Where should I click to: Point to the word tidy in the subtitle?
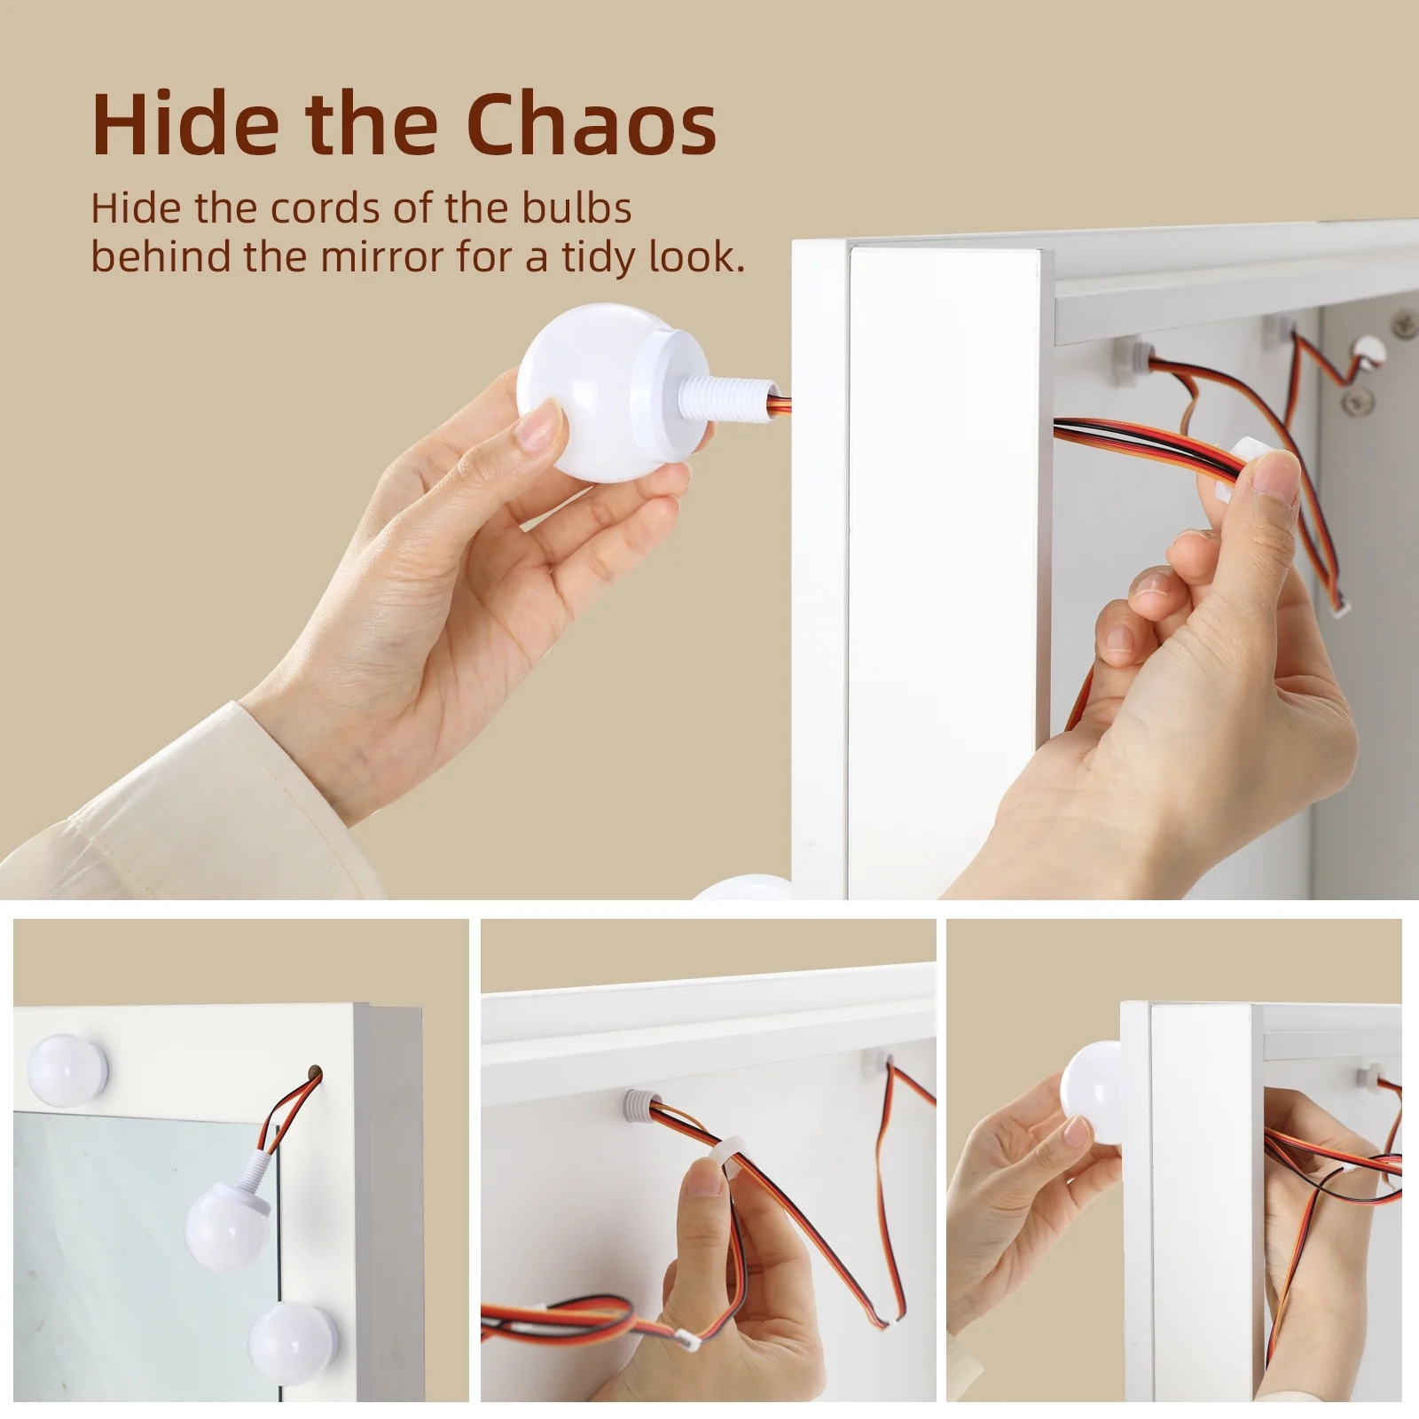600,259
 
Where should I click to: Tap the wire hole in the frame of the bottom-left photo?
311,1073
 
